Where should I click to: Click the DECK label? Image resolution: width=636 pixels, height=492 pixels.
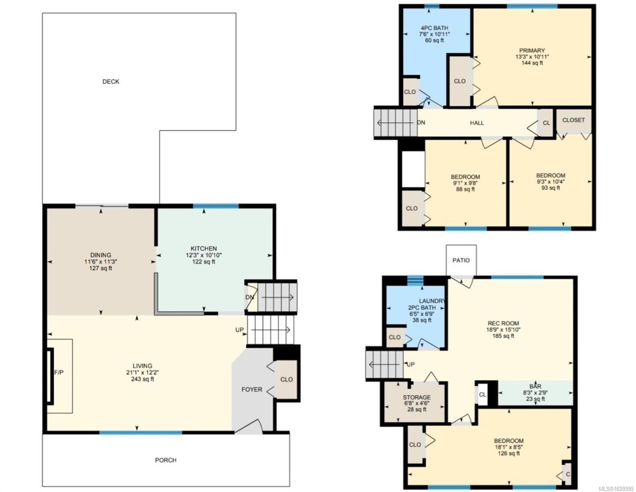111,82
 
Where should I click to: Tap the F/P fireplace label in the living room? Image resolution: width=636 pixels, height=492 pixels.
59,373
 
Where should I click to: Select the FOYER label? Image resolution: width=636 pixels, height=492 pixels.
251,389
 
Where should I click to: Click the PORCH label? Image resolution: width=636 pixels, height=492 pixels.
166,460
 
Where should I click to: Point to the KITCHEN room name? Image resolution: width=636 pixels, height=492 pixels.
204,248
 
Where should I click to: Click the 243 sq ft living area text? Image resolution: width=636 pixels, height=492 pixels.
142,379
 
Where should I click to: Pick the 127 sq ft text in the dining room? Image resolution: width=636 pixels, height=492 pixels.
100,269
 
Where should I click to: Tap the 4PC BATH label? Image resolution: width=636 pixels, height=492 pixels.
433,28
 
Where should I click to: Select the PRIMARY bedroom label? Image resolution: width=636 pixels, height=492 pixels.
532,50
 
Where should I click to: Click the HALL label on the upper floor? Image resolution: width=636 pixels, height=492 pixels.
477,123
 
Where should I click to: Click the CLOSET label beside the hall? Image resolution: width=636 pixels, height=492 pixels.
573,120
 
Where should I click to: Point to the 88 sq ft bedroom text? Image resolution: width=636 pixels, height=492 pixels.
465,189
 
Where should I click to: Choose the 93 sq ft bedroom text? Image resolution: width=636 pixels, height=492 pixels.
550,188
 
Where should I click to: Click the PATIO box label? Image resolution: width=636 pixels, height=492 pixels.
461,260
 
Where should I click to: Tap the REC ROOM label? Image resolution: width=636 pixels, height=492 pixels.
503,323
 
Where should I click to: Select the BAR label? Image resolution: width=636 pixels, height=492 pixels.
535,386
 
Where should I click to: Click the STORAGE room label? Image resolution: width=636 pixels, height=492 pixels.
416,397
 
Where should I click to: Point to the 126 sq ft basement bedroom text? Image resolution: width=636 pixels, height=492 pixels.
509,453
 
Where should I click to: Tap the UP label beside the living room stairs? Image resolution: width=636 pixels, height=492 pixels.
240,330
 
